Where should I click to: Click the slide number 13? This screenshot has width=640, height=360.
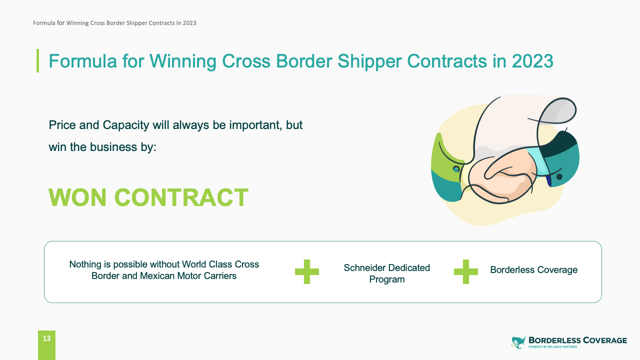pos(46,338)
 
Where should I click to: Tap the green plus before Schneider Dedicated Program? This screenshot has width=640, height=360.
pos(307,271)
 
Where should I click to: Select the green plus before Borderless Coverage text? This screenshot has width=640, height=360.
pos(465,271)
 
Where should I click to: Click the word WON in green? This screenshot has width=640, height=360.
pos(77,197)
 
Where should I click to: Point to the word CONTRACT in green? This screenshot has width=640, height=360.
pos(181,197)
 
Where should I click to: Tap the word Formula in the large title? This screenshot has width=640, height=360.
pos(83,61)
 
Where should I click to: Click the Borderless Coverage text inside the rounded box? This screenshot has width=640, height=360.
pos(533,269)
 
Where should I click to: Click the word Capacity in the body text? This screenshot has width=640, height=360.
pos(125,125)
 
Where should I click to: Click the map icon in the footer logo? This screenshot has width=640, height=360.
pos(518,342)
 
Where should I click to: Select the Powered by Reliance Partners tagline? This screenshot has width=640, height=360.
pos(552,347)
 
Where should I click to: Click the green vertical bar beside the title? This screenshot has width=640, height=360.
pos(37,60)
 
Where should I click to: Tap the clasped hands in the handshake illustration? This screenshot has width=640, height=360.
pos(503,177)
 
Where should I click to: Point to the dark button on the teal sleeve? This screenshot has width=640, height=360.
pos(559,177)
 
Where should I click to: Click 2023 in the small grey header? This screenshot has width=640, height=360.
pos(189,23)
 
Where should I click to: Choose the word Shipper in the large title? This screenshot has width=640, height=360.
pos(369,61)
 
